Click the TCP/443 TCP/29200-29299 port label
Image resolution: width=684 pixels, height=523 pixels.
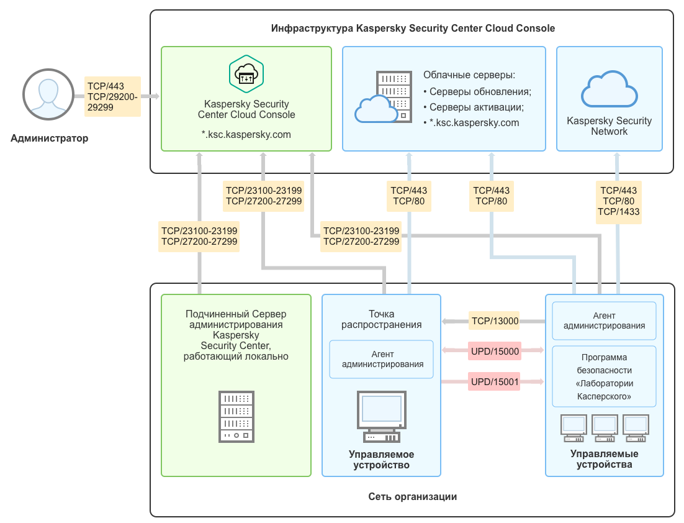point(112,96)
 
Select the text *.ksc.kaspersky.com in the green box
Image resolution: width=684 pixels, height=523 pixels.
point(246,134)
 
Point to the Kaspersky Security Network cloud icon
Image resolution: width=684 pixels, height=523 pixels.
point(609,89)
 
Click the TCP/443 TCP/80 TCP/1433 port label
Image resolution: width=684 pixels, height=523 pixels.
point(618,201)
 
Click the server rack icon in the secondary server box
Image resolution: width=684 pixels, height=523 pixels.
point(236,416)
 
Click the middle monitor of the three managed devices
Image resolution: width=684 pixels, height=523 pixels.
point(604,427)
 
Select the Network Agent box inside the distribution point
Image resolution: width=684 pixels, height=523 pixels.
point(381,360)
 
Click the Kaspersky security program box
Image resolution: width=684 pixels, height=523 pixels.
point(604,377)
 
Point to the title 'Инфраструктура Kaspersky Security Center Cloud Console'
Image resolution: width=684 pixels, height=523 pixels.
point(413,29)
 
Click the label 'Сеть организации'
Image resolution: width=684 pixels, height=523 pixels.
point(412,496)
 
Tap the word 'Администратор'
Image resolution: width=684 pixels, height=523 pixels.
point(50,139)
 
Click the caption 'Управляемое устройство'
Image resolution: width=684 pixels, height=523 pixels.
point(381,460)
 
